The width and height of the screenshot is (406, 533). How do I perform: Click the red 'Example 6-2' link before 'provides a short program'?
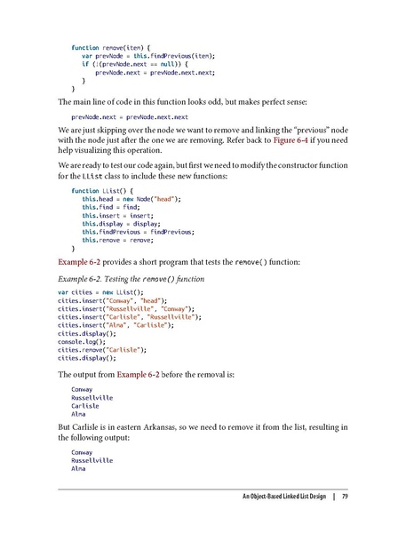(82, 264)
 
